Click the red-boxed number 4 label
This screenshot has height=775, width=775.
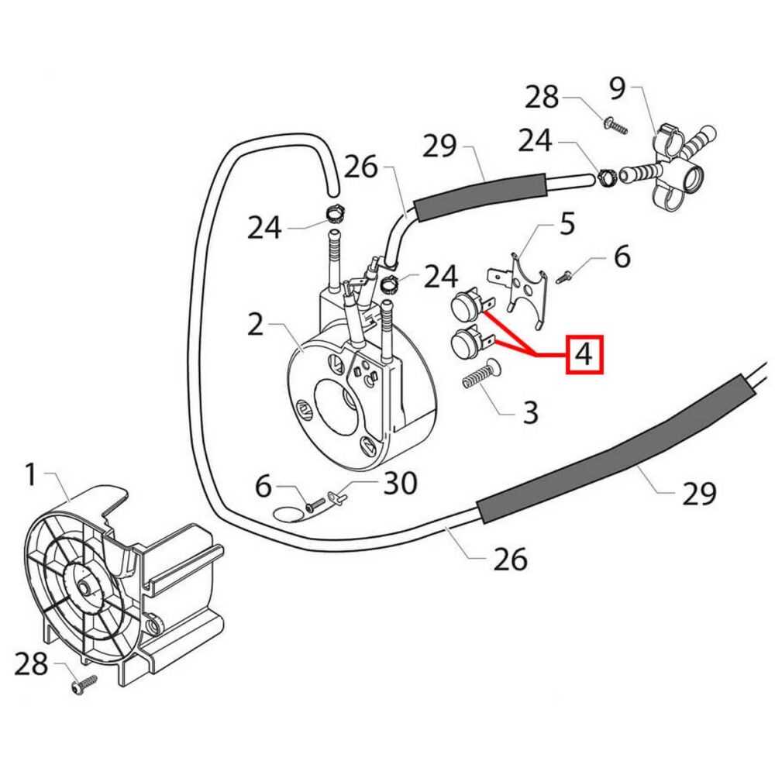[x=585, y=355]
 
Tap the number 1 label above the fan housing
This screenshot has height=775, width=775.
[x=31, y=474]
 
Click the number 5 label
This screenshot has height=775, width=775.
[x=567, y=224]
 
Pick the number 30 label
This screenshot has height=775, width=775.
[x=401, y=484]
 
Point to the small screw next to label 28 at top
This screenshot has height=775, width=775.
[x=616, y=124]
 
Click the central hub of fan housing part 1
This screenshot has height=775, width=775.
[x=82, y=589]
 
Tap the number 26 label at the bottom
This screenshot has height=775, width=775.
[x=511, y=558]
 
